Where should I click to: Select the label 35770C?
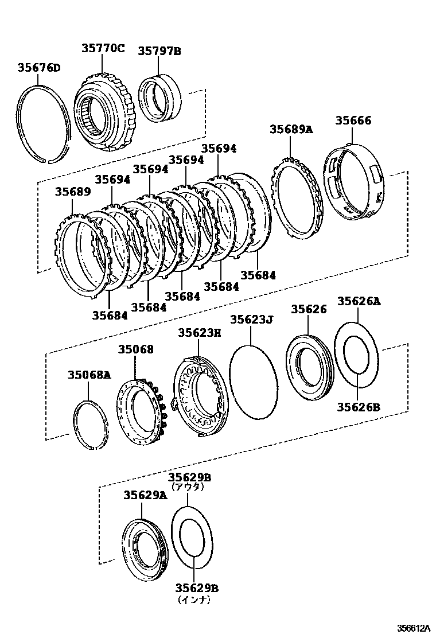tap(102, 49)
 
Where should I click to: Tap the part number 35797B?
tap(159, 52)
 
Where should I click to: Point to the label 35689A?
tap(291, 130)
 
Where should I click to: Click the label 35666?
tap(353, 121)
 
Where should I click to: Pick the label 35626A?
tap(359, 301)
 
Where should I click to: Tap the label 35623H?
tap(199, 332)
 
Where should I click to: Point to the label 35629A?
tap(145, 496)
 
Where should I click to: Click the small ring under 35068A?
tap(90, 425)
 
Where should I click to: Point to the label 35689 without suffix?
tap(73, 191)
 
